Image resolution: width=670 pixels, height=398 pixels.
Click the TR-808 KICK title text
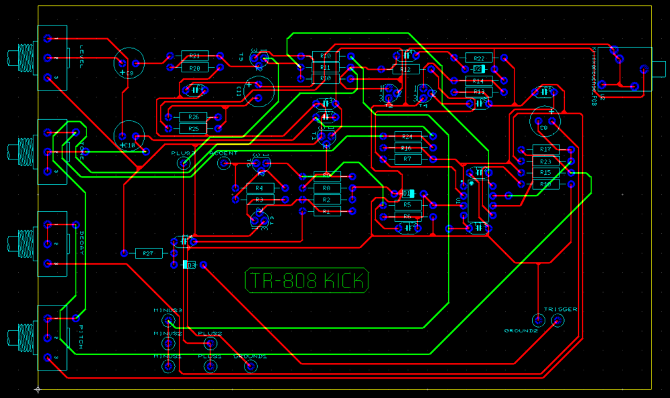click(x=308, y=281)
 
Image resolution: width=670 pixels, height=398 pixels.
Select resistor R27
click(x=149, y=253)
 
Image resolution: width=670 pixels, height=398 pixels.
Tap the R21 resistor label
click(x=194, y=56)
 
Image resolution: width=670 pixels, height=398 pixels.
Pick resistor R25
click(x=193, y=128)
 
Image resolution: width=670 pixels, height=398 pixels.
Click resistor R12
click(x=405, y=69)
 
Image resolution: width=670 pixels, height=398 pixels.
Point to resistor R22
click(x=479, y=58)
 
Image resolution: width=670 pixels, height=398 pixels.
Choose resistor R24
click(x=407, y=136)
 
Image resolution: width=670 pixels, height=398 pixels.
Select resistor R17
click(x=546, y=149)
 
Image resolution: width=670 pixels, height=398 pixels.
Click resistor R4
click(x=260, y=188)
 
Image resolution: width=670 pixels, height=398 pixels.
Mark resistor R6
click(x=407, y=216)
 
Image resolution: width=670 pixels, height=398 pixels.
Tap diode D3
click(x=190, y=265)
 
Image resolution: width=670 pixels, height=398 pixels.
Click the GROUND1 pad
click(x=251, y=366)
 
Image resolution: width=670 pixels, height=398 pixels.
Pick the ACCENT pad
click(x=224, y=163)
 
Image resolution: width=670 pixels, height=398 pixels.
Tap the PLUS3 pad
click(x=183, y=163)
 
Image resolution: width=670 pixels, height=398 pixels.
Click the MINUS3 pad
click(x=168, y=322)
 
